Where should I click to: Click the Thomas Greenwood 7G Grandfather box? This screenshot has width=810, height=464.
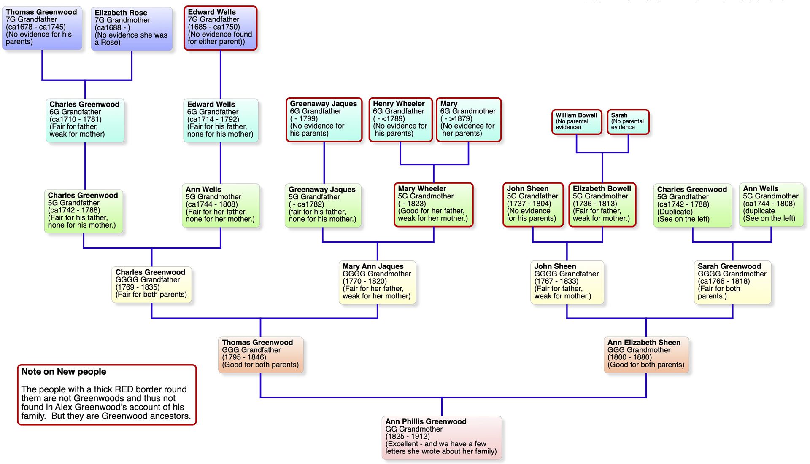(42, 27)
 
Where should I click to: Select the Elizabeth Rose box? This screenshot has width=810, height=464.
(132, 28)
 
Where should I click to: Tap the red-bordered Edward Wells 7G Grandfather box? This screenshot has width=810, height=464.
(220, 28)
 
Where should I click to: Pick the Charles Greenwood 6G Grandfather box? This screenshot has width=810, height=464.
(85, 120)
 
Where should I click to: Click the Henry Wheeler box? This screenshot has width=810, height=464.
(400, 120)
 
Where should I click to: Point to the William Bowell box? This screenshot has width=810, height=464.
(576, 122)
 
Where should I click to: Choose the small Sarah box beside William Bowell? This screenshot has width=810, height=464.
(628, 122)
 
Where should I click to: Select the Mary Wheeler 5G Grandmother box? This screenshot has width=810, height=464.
(433, 204)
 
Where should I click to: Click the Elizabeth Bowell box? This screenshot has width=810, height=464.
(602, 204)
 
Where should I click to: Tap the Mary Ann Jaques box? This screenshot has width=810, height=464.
(377, 282)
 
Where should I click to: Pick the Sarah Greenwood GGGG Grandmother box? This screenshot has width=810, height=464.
(732, 282)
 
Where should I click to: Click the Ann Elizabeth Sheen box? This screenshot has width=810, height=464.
(646, 354)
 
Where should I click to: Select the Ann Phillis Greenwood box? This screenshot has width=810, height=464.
(441, 437)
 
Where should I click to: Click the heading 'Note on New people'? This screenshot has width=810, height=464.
(64, 372)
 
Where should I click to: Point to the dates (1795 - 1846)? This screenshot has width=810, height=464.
(244, 357)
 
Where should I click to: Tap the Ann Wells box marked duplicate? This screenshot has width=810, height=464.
(771, 204)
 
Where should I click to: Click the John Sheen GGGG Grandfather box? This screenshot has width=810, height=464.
(567, 282)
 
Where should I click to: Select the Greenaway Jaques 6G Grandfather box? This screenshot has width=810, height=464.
(324, 120)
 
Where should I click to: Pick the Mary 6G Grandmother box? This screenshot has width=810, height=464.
(468, 120)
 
